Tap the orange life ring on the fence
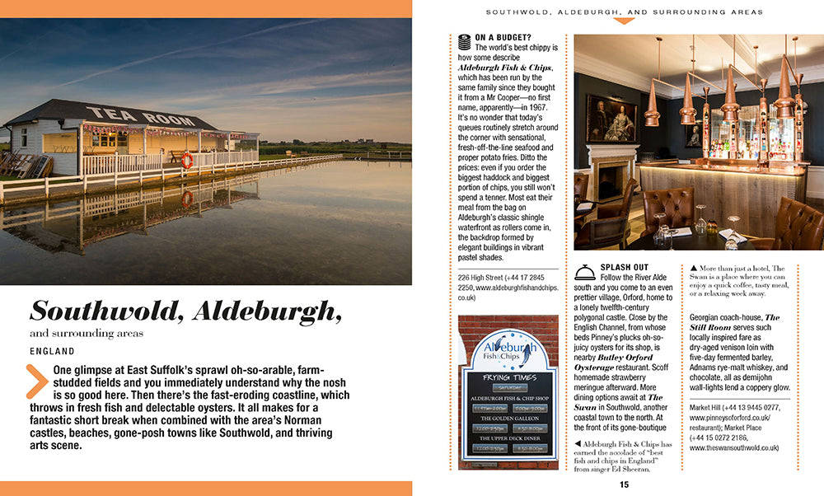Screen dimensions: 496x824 click(x=187, y=161)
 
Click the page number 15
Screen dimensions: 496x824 click(x=624, y=484)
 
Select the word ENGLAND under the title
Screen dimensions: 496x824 click(x=52, y=351)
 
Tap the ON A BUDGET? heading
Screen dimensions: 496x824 click(x=503, y=37)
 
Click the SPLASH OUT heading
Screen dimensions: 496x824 click(x=624, y=268)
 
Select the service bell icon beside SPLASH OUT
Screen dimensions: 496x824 click(x=585, y=272)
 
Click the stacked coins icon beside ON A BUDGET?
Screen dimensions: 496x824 click(x=464, y=38)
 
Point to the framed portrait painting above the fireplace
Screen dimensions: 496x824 click(x=611, y=117)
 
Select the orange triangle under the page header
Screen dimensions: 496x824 click(x=624, y=21)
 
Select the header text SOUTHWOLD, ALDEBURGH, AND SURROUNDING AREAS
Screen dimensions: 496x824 click(x=624, y=12)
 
